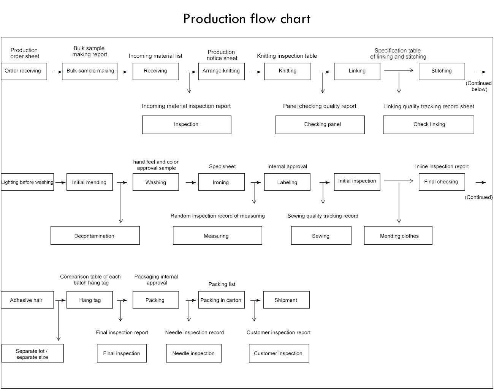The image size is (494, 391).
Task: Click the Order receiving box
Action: [24, 71]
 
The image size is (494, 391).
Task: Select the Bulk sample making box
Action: [90, 71]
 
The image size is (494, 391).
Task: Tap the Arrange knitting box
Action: [221, 71]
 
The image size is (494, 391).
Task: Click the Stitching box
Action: [442, 71]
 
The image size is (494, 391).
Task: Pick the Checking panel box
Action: [320, 125]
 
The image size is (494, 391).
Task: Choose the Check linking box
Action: [428, 125]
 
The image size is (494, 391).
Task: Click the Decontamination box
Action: [95, 236]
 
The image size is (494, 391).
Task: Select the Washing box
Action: [155, 182]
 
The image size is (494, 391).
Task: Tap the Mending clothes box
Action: [398, 236]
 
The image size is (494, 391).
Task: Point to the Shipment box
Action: [286, 300]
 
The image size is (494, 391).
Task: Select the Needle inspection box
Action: [193, 353]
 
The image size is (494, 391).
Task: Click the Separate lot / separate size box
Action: [33, 353]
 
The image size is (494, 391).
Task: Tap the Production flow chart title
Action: [247, 19]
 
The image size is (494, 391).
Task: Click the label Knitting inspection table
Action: [287, 56]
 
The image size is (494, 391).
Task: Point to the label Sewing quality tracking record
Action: [323, 216]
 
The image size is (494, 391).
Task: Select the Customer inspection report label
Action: [279, 332]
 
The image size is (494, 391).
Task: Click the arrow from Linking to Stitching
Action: [399, 70]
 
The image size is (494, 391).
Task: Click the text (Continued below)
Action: [479, 86]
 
